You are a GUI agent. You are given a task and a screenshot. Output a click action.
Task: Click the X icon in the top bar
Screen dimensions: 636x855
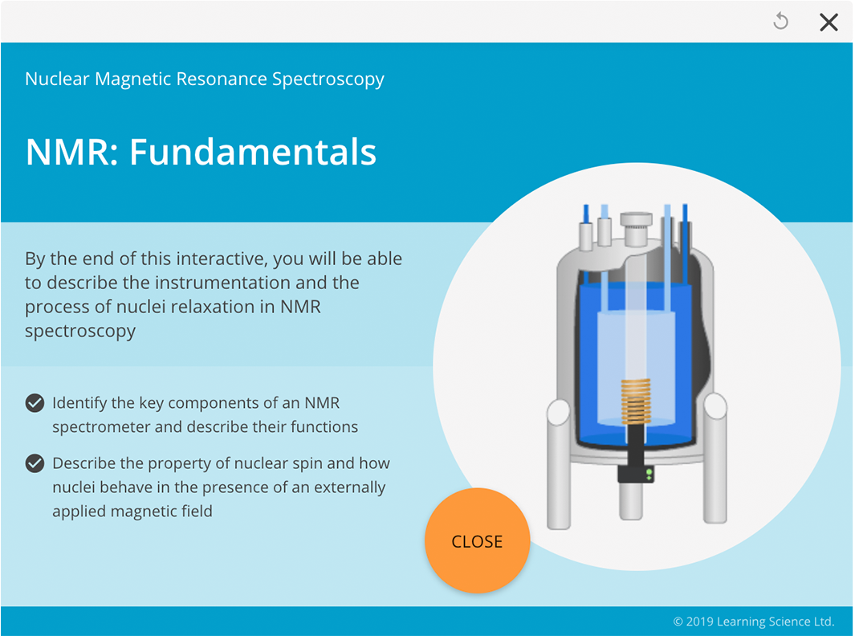[829, 22]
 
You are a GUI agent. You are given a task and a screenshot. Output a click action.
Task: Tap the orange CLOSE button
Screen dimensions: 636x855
[477, 541]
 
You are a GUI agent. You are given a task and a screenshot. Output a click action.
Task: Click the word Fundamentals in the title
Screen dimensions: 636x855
[253, 152]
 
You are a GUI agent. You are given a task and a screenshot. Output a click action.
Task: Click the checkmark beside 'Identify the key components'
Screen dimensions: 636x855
[35, 403]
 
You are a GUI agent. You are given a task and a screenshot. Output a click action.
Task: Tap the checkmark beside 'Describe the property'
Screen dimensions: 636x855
[35, 463]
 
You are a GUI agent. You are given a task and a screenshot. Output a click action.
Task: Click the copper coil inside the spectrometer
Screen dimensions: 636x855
[635, 402]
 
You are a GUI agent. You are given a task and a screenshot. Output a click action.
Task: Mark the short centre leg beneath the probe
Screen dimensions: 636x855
[631, 502]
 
